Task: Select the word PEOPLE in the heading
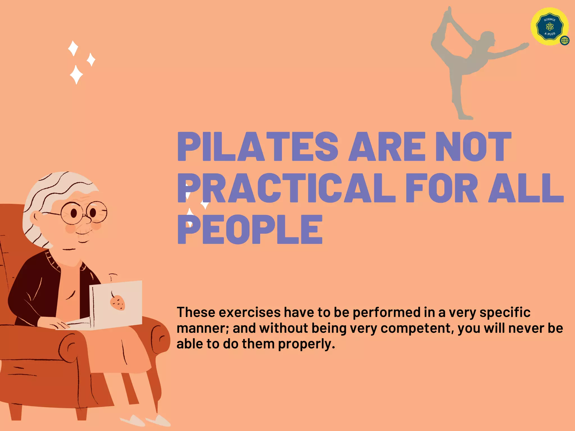click(250, 229)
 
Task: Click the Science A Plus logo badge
click(549, 27)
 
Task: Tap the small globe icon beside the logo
click(565, 41)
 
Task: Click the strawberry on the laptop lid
click(117, 302)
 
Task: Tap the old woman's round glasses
click(84, 213)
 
